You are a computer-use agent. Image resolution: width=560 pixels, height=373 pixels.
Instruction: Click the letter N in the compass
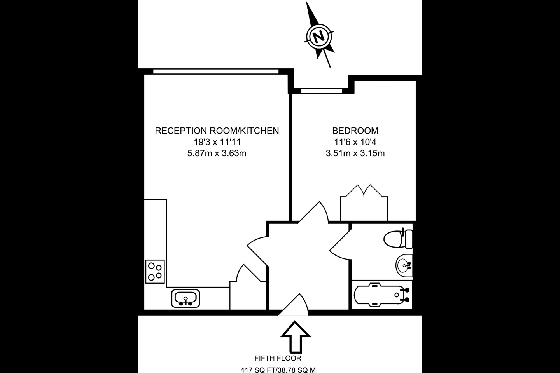coord(319,37)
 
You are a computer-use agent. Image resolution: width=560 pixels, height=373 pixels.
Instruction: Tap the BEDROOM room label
coord(355,131)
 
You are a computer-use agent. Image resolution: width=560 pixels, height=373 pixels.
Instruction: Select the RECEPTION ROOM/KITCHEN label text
coord(217,131)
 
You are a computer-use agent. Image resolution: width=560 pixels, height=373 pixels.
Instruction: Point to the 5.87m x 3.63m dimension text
coord(217,153)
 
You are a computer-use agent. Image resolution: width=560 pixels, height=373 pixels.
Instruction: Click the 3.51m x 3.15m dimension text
coord(355,153)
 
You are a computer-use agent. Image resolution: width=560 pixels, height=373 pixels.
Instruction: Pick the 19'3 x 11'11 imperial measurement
coord(217,142)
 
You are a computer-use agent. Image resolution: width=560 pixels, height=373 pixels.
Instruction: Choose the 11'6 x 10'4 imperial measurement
coord(355,142)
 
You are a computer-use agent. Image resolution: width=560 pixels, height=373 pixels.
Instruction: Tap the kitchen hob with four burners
coord(155,271)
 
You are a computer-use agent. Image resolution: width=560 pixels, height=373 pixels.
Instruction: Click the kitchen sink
coord(185,298)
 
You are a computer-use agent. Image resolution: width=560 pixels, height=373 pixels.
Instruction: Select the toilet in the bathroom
coord(398,239)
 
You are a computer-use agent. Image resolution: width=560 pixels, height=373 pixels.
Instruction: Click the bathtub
coord(382,295)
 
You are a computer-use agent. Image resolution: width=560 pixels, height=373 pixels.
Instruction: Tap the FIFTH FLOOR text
coord(278,358)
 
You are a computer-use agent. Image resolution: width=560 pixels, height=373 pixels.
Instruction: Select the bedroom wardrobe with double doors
coord(364,203)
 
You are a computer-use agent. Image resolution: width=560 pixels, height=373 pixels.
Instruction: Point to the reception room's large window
coord(216,72)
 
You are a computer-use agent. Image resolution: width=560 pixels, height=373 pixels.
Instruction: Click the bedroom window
coord(322,91)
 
